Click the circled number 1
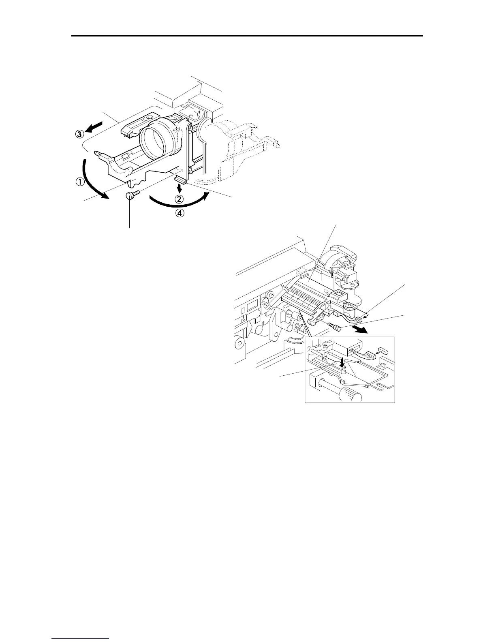79,182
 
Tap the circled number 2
180,199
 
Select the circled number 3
79,135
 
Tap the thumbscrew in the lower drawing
335,326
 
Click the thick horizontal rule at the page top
247,36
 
